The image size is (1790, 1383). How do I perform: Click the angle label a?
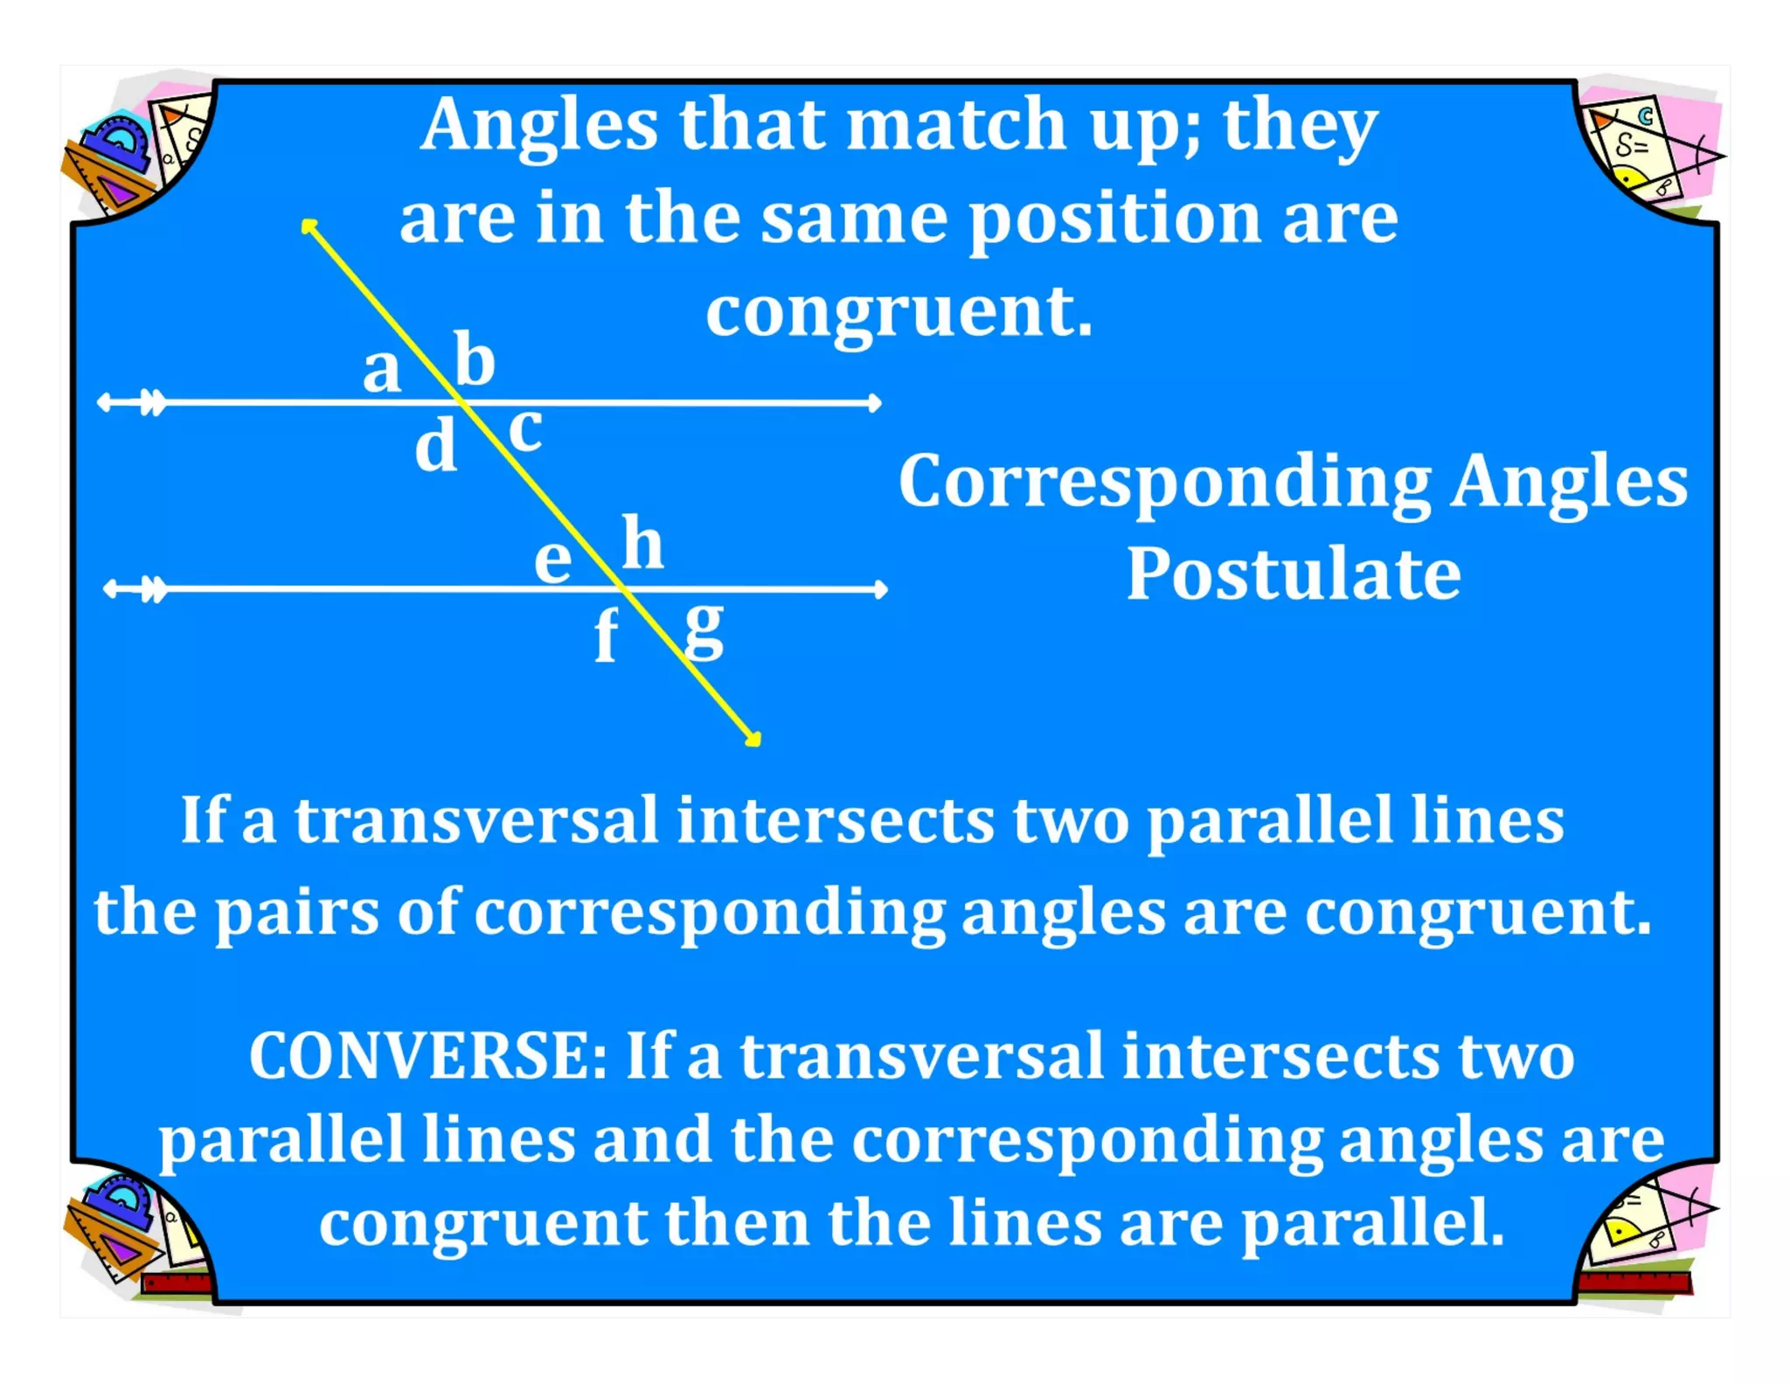click(382, 371)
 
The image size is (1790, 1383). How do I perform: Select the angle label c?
click(525, 429)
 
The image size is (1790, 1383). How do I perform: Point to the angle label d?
click(436, 445)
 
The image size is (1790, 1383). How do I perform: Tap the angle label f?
click(606, 636)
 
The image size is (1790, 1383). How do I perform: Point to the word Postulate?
click(1294, 574)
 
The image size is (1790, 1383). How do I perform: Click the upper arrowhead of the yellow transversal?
click(308, 226)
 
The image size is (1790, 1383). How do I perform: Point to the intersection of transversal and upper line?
click(462, 403)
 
